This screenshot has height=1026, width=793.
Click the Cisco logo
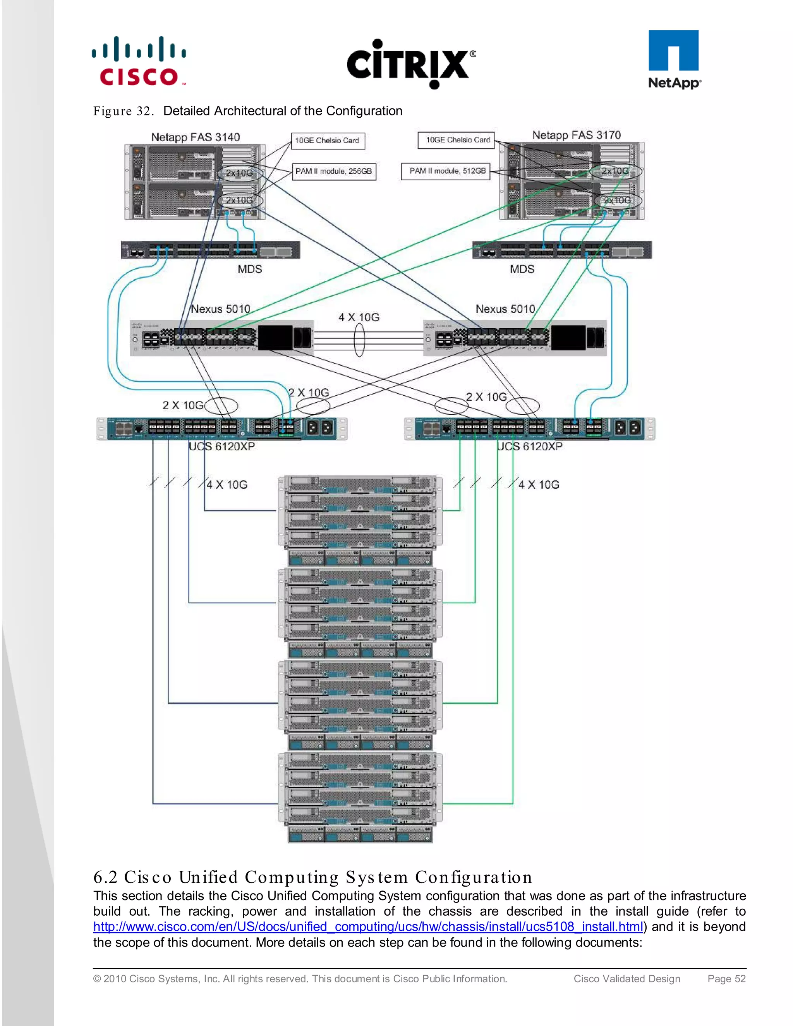[x=139, y=62]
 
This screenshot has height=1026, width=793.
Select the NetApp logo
[x=674, y=60]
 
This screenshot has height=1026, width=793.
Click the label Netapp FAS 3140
[x=196, y=137]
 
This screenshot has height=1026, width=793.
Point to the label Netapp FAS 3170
[x=577, y=135]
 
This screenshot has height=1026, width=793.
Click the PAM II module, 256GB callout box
[x=333, y=172]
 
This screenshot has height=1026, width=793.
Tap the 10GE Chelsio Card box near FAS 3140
[x=328, y=141]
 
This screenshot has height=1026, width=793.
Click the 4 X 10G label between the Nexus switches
[x=359, y=317]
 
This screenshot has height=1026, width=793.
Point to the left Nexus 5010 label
[x=220, y=309]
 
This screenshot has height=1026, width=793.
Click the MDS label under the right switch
[x=522, y=269]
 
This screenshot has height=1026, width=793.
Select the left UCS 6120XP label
[x=222, y=446]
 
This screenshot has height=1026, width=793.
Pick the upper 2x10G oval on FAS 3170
[x=615, y=171]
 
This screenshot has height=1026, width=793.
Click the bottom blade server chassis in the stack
[x=360, y=797]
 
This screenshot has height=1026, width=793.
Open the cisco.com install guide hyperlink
[x=367, y=927]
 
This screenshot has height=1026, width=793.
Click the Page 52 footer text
[x=726, y=978]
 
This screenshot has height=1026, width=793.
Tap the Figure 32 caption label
[x=123, y=112]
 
